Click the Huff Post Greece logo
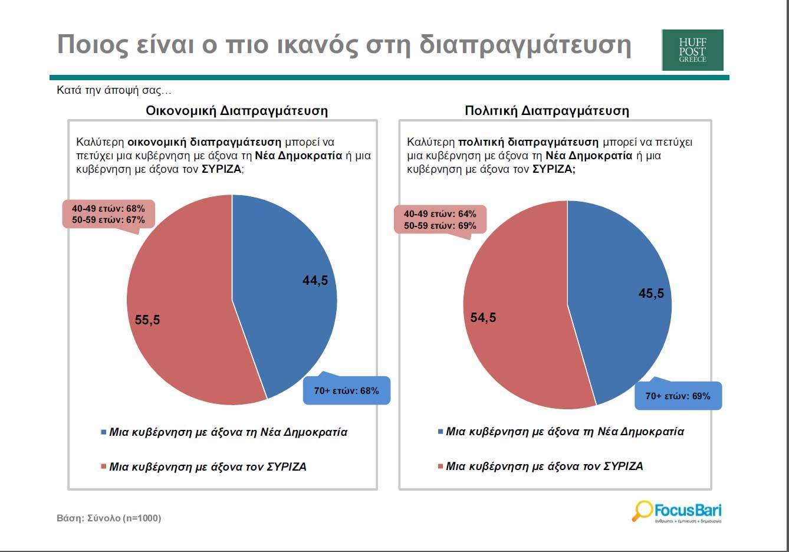[692, 50]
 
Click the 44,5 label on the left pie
[315, 281]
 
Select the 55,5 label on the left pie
[147, 320]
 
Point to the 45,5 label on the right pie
[651, 293]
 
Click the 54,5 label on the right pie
[483, 318]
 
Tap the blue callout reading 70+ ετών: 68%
[347, 390]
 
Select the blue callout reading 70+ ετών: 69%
[678, 396]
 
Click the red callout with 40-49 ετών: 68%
[108, 214]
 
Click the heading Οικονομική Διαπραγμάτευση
[236, 110]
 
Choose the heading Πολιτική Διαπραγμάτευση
[547, 110]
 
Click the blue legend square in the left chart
[104, 432]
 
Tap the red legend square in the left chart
[104, 467]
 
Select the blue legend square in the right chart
[440, 432]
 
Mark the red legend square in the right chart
[440, 466]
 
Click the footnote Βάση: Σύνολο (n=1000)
[109, 518]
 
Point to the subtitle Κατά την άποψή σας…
[114, 90]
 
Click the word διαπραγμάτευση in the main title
[525, 45]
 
